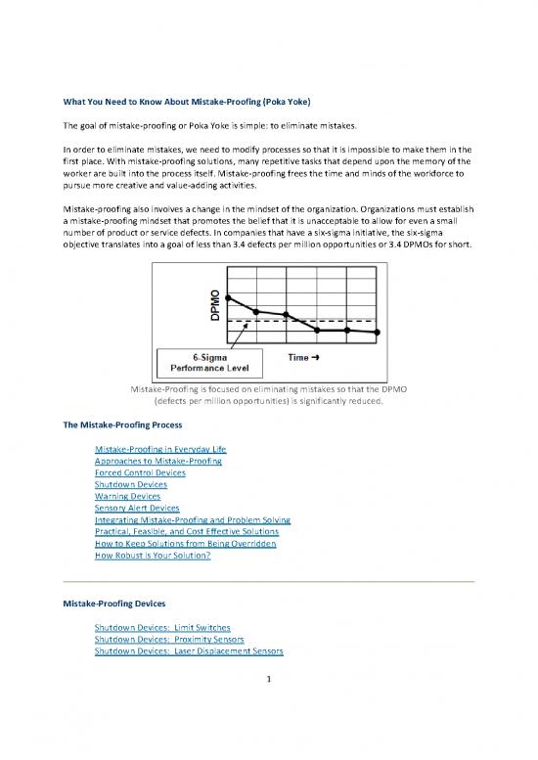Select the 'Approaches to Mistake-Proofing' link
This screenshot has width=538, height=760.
tap(157, 460)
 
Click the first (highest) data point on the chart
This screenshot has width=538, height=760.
tap(228, 296)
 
